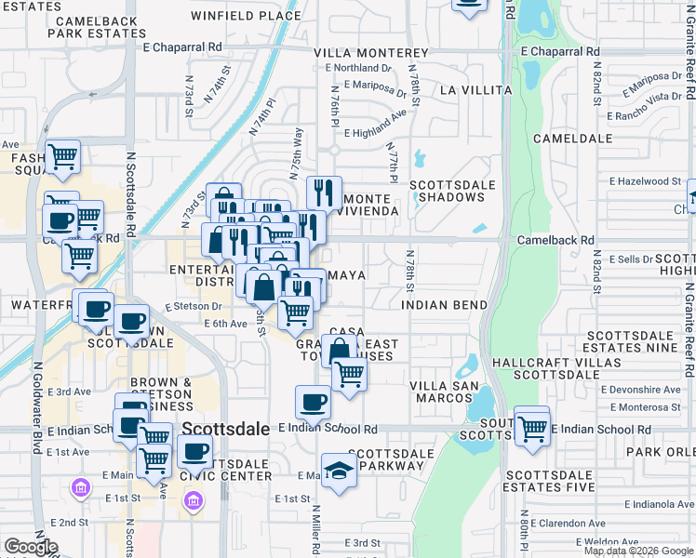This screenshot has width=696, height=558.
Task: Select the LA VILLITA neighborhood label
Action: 475,90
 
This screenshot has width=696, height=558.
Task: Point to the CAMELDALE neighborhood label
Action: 570,138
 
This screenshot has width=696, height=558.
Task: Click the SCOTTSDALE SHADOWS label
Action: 453,191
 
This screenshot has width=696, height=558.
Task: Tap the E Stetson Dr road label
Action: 194,305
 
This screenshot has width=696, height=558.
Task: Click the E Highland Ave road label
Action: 376,126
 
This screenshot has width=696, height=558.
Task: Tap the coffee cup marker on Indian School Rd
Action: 313,403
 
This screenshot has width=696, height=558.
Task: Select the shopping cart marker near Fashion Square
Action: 62,158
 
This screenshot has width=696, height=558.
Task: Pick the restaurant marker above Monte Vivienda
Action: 324,193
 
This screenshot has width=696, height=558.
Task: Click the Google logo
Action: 31,547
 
